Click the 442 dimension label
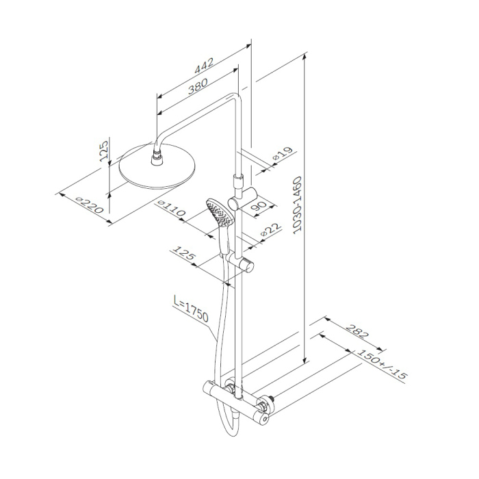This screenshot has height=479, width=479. pyautogui.click(x=204, y=66)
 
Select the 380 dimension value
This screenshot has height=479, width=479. pyautogui.click(x=198, y=86)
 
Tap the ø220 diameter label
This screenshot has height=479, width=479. pyautogui.click(x=90, y=205)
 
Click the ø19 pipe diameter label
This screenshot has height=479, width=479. pyautogui.click(x=283, y=153)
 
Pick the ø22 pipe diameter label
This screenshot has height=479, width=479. pyautogui.click(x=270, y=230)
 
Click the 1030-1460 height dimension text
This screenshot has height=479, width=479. pyautogui.click(x=297, y=205)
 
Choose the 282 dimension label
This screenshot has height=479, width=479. pyautogui.click(x=357, y=331)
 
